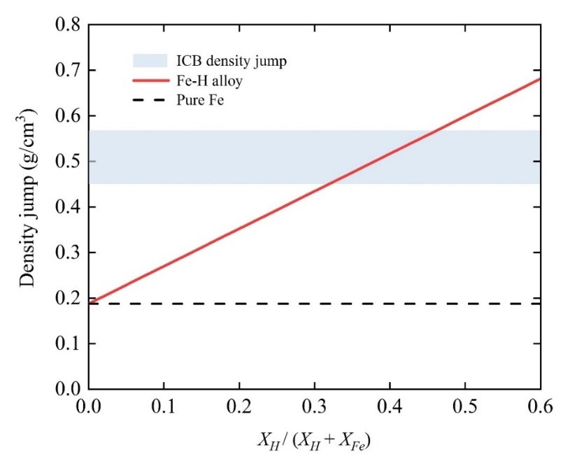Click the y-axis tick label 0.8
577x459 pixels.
click(69, 25)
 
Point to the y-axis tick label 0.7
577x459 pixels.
click(69, 71)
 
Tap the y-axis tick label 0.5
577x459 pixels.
click(69, 162)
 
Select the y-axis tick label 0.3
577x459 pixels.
click(69, 253)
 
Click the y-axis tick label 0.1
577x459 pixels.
click(69, 344)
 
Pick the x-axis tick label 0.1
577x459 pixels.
click(164, 405)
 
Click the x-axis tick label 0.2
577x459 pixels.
click(239, 405)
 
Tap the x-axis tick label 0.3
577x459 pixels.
click(315, 405)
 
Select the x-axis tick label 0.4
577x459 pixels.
click(390, 405)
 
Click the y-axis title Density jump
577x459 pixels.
click(27, 208)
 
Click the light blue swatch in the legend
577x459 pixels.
click(150, 61)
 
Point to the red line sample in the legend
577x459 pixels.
click(150, 81)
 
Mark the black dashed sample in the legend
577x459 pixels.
click(150, 101)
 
